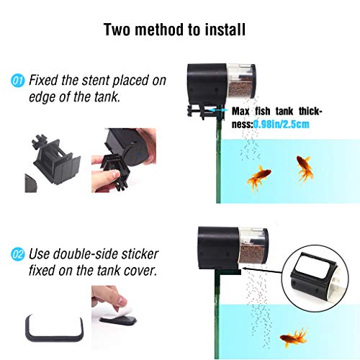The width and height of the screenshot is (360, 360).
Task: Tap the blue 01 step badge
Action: (19, 79)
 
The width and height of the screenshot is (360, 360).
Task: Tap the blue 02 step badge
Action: (19, 253)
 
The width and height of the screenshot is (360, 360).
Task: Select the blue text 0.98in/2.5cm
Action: (284, 124)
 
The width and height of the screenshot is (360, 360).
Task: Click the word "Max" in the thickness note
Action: (243, 112)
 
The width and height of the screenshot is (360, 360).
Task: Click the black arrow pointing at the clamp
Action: (221, 112)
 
